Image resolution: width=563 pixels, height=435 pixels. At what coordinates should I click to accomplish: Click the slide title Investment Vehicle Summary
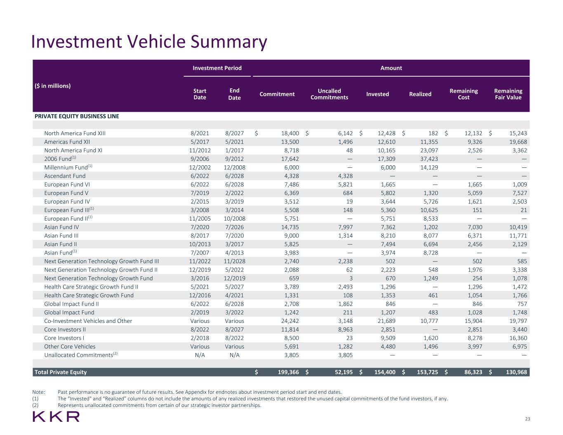(x=149, y=42)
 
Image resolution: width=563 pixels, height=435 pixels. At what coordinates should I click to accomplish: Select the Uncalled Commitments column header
(x=329, y=94)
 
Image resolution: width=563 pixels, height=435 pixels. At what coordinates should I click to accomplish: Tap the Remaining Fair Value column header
(x=508, y=94)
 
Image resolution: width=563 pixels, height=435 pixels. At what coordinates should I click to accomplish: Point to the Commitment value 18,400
(x=289, y=133)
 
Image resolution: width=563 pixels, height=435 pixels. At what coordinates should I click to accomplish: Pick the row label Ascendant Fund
(x=65, y=176)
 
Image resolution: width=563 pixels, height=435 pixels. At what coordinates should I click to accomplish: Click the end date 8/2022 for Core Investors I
(x=234, y=338)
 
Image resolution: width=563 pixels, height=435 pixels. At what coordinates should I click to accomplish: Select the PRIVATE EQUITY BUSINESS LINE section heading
(x=77, y=116)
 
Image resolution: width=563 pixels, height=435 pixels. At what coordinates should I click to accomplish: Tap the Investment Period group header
(x=217, y=68)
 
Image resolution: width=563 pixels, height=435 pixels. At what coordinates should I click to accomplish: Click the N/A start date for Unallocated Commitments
(x=200, y=355)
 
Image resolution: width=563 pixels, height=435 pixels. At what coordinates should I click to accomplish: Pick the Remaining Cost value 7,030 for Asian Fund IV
(x=474, y=227)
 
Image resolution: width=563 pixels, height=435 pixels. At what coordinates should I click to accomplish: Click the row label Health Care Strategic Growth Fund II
(x=91, y=287)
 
